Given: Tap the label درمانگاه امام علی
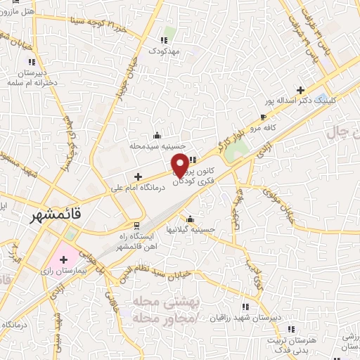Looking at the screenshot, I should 138,188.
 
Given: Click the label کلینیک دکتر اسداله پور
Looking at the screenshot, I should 297,101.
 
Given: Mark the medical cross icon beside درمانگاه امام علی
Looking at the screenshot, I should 139,176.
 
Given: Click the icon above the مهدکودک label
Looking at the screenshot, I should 166,39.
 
